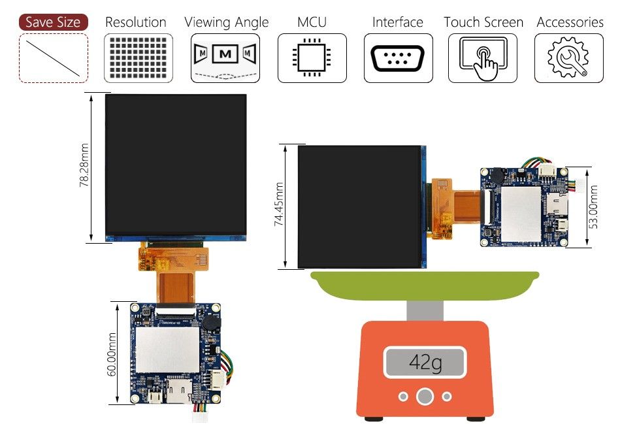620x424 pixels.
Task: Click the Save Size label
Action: (x=54, y=22)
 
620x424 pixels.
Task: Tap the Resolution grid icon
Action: (x=139, y=57)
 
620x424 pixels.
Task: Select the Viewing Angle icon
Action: (x=225, y=57)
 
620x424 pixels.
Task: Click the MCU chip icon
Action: (x=312, y=57)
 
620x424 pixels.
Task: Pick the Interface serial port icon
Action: (x=398, y=58)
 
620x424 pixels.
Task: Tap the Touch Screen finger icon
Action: (x=483, y=57)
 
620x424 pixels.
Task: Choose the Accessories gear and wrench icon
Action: (x=568, y=58)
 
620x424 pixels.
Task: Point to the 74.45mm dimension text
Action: (x=280, y=205)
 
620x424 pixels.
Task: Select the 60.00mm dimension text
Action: (x=112, y=354)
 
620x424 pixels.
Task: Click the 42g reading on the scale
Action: (x=425, y=362)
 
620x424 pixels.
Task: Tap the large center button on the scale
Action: (x=425, y=396)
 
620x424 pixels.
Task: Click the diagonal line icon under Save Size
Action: (x=54, y=57)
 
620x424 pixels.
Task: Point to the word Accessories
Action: (x=570, y=22)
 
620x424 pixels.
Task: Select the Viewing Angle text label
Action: (x=226, y=22)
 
